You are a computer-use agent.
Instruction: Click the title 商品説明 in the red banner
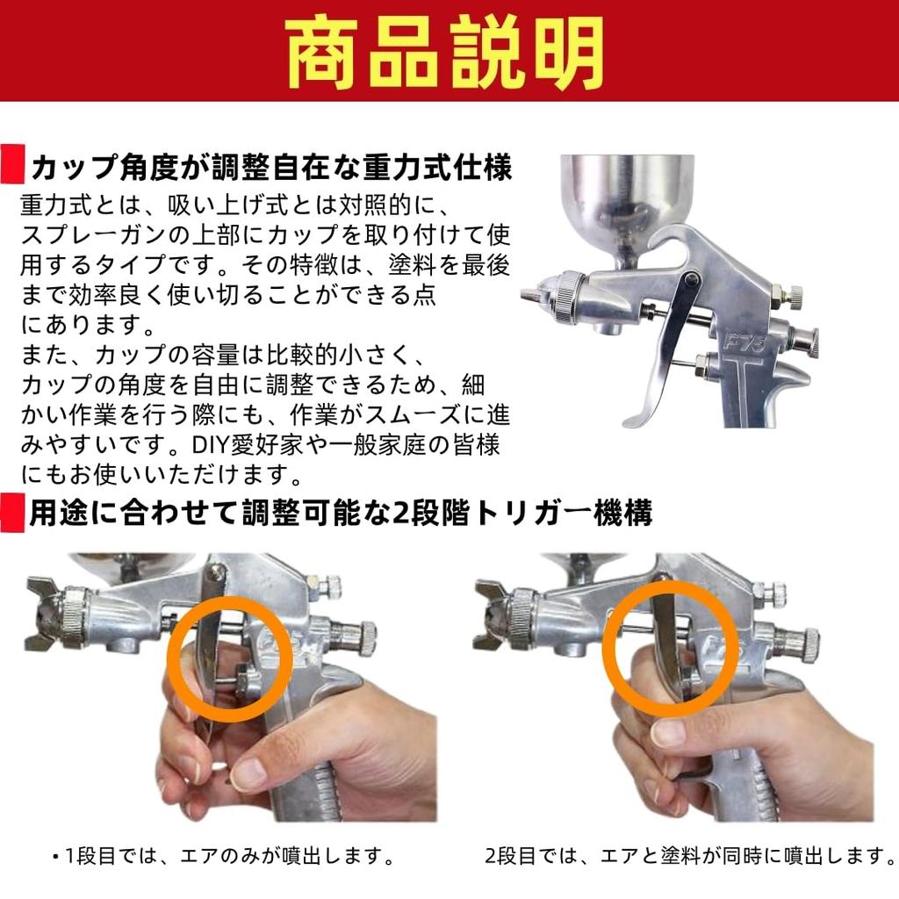448,50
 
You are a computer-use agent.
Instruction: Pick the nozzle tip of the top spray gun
531,297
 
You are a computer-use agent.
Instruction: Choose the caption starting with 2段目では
690,854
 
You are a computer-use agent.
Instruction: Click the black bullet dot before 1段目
55,855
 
